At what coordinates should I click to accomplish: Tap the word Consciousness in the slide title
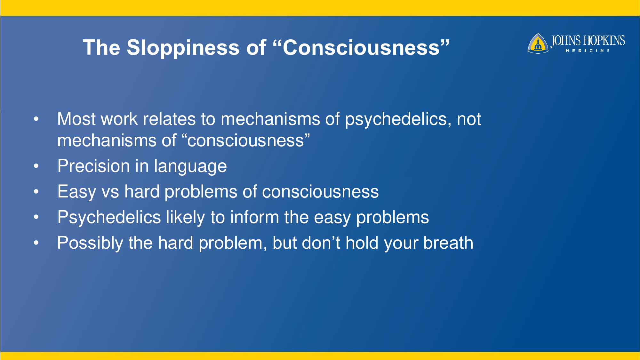361,47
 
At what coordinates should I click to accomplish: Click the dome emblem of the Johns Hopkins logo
538,44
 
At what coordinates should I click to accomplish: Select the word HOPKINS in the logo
604,41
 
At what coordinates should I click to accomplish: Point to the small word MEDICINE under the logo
588,51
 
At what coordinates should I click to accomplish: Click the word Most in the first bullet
76,119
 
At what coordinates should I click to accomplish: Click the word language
190,167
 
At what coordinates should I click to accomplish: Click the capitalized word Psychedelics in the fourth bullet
109,217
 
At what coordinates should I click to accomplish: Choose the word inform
255,217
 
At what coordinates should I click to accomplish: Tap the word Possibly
90,243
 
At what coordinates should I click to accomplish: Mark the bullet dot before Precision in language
36,166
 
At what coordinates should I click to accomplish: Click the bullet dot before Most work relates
36,119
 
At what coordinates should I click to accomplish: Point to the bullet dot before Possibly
36,243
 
